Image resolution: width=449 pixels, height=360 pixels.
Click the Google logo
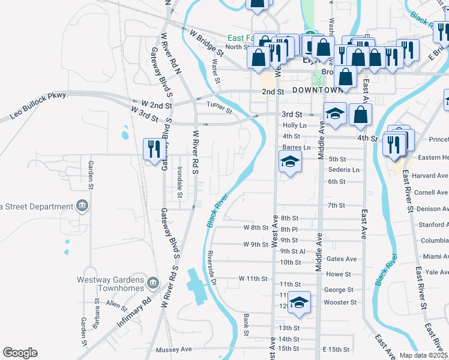[x=20, y=353]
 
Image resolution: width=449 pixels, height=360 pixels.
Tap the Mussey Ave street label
[x=173, y=349]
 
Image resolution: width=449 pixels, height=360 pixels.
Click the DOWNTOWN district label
[x=318, y=90]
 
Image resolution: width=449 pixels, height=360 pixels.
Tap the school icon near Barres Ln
[x=290, y=161]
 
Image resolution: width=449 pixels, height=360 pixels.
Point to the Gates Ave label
[x=342, y=259]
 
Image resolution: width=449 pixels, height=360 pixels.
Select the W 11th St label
[x=252, y=279]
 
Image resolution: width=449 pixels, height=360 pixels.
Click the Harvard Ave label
[x=431, y=176]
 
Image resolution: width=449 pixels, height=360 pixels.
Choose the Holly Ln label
[x=294, y=125]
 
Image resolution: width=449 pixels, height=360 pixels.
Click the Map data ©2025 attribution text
[x=423, y=355]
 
